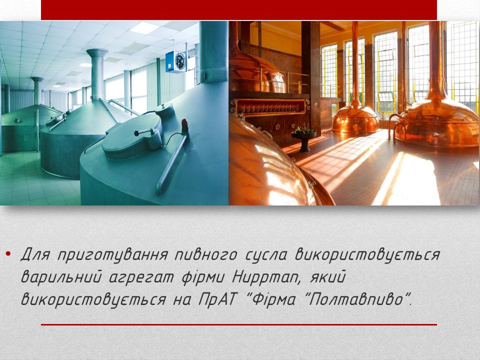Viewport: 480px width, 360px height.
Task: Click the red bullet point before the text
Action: [8, 254]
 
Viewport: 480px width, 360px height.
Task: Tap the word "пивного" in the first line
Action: [205, 255]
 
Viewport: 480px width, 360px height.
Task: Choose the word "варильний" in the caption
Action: [61, 277]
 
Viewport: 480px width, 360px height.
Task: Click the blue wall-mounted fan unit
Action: [175, 62]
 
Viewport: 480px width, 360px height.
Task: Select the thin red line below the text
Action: [239, 324]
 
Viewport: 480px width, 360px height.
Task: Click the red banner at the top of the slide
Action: [239, 10]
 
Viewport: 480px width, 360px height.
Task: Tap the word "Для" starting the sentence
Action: [36, 254]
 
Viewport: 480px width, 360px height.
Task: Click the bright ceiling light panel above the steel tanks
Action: [144, 28]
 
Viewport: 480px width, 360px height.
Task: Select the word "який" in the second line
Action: [328, 277]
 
